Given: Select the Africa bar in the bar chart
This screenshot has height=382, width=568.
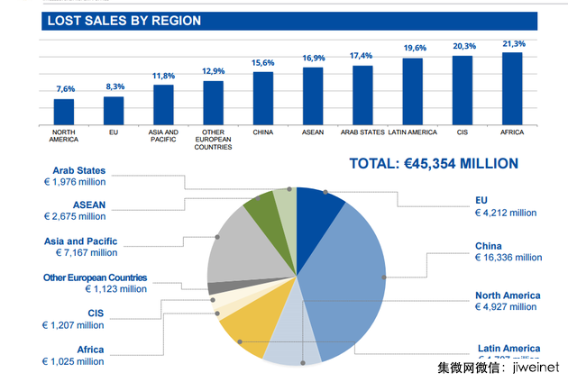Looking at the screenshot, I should pos(512,88).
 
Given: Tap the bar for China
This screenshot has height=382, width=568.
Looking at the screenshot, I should pos(263,97).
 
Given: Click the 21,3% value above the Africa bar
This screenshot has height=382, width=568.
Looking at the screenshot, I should pos(512,43).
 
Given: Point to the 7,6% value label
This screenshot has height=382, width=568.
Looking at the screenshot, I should pos(65,88).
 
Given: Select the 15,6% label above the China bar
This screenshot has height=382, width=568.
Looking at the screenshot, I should pos(263,62).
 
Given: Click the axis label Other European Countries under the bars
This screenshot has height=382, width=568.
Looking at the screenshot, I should pos(213,139).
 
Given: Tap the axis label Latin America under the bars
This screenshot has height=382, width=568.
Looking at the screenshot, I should pos(412,132).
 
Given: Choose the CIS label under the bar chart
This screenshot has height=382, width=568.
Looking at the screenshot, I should pos(463,132).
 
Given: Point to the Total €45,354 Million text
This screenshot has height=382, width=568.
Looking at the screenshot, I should pos(434,163).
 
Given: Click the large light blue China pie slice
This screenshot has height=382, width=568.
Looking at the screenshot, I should pos(347,270).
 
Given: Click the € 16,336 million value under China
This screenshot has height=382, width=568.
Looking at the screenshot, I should pos(508,258).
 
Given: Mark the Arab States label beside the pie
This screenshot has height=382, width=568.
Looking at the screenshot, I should pos(78,170).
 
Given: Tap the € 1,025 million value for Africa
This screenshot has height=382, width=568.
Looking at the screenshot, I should pos(73,361).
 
